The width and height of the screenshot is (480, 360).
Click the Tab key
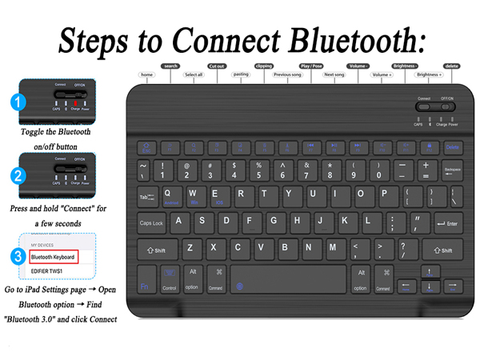tap(146, 197)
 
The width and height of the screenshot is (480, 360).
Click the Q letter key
tap(169, 195)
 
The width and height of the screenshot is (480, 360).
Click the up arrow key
tap(430, 271)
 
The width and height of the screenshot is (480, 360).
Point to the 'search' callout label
tap(170, 66)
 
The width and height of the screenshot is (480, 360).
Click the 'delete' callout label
tap(452, 66)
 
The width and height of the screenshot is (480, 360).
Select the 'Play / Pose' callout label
tap(310, 66)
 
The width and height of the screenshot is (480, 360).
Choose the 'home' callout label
tap(146, 74)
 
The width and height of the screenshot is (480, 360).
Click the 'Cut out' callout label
tap(217, 66)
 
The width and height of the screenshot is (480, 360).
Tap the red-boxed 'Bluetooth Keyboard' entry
tap(53, 257)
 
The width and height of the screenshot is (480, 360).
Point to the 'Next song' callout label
tap(334, 74)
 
